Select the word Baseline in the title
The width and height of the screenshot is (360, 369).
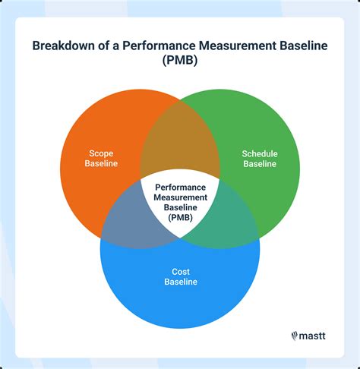pyautogui.click(x=299, y=46)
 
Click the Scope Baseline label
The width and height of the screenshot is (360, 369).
pyautogui.click(x=101, y=157)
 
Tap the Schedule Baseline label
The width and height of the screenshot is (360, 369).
pyautogui.click(x=260, y=158)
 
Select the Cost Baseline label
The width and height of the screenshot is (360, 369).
pyautogui.click(x=181, y=276)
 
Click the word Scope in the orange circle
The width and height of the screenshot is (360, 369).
pyautogui.click(x=101, y=152)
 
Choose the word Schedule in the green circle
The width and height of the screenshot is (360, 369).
pyautogui.click(x=260, y=153)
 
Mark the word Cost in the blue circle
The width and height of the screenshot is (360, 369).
pyautogui.click(x=181, y=270)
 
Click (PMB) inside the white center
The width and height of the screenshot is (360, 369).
pyautogui.click(x=181, y=218)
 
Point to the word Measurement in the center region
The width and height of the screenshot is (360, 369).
pyautogui.click(x=181, y=197)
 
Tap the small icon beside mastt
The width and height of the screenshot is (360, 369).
pyautogui.click(x=293, y=333)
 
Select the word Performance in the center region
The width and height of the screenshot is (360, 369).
pyautogui.click(x=181, y=186)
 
